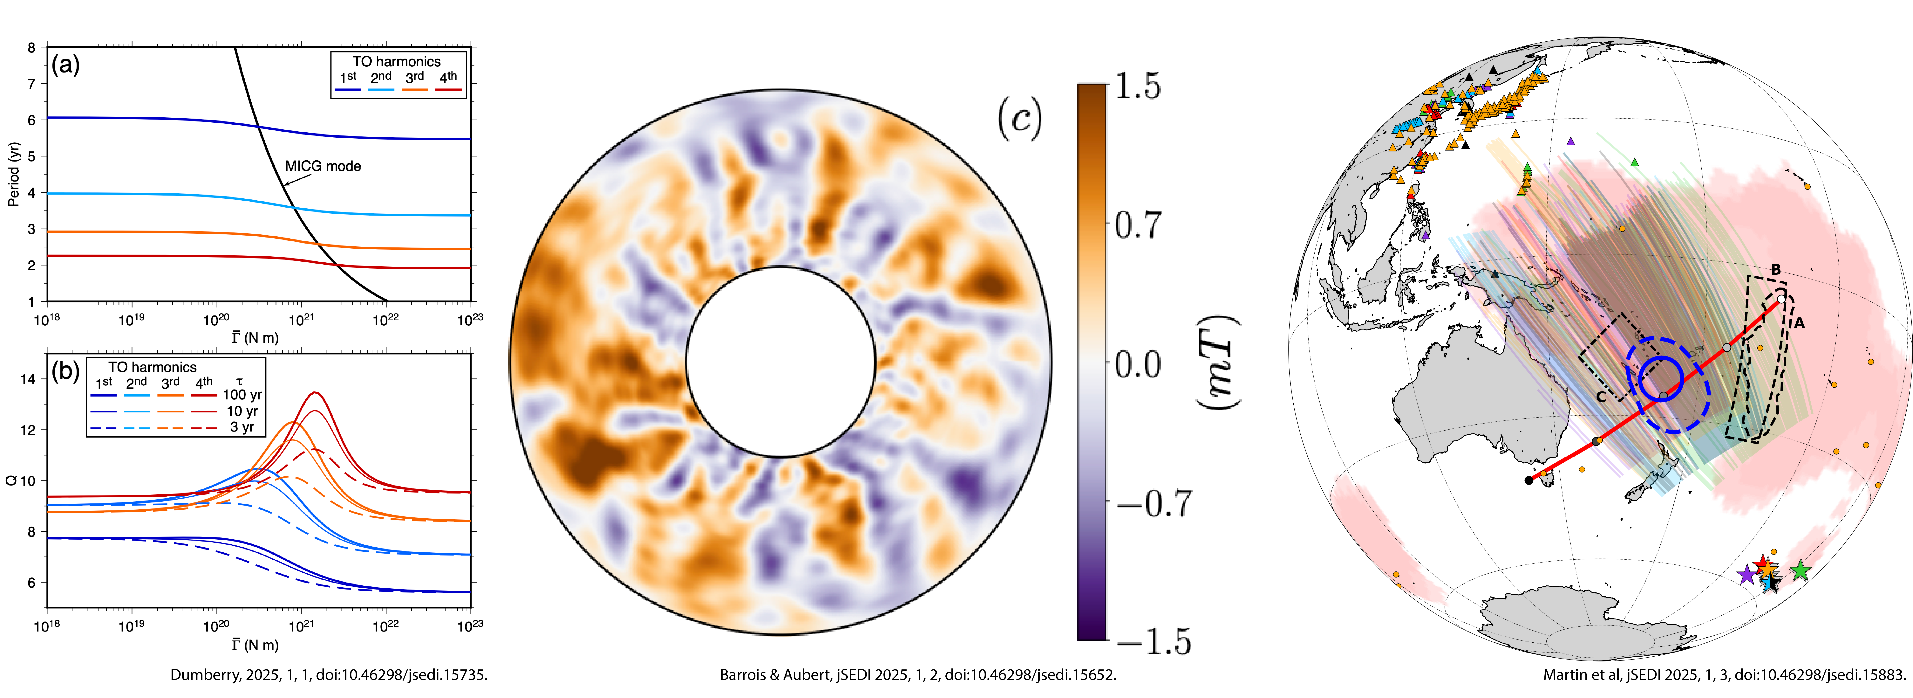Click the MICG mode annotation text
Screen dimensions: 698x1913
click(x=323, y=166)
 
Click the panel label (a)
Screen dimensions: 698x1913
click(x=65, y=65)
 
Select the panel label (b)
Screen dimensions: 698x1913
click(x=65, y=370)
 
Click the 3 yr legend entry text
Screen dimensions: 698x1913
click(x=242, y=427)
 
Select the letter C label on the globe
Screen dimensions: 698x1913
click(x=1601, y=397)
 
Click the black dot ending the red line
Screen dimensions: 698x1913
click(x=1528, y=480)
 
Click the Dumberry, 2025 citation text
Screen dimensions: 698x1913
click(x=329, y=675)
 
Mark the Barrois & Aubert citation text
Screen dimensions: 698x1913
click(x=918, y=675)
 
